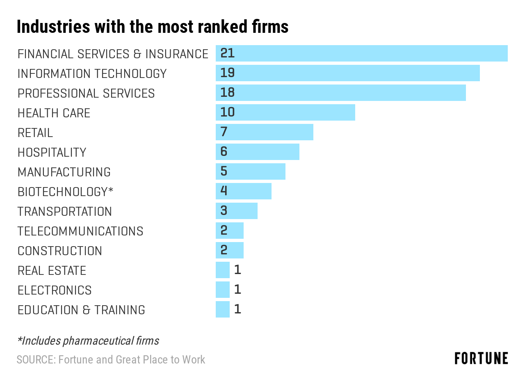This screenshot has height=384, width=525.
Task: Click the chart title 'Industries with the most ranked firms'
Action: tap(153, 27)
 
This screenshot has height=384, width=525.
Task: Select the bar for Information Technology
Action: tap(347, 73)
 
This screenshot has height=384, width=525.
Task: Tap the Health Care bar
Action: tap(285, 112)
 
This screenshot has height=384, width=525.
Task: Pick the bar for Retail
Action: tap(264, 132)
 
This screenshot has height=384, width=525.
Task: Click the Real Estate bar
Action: tap(223, 270)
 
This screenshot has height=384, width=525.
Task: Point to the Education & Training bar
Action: tap(223, 309)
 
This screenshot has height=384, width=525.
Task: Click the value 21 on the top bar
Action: tap(227, 53)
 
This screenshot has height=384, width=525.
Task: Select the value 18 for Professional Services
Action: tap(227, 92)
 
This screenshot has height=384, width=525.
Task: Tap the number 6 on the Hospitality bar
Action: tap(224, 151)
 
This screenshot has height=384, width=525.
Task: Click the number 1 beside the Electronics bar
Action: tap(237, 290)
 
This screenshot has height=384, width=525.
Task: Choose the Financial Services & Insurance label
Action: tap(113, 54)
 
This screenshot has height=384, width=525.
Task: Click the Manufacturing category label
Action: tap(64, 172)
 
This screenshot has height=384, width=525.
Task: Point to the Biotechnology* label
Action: tap(65, 192)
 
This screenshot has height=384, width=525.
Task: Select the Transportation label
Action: tap(64, 211)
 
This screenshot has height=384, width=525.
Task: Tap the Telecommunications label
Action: tap(80, 231)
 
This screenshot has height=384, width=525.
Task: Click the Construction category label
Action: tap(60, 251)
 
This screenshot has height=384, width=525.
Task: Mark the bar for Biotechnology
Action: tap(243, 191)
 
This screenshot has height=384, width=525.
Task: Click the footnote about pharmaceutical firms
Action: tap(88, 341)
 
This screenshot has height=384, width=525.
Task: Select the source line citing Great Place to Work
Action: tap(111, 360)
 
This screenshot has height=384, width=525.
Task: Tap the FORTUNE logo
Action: tap(481, 358)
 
